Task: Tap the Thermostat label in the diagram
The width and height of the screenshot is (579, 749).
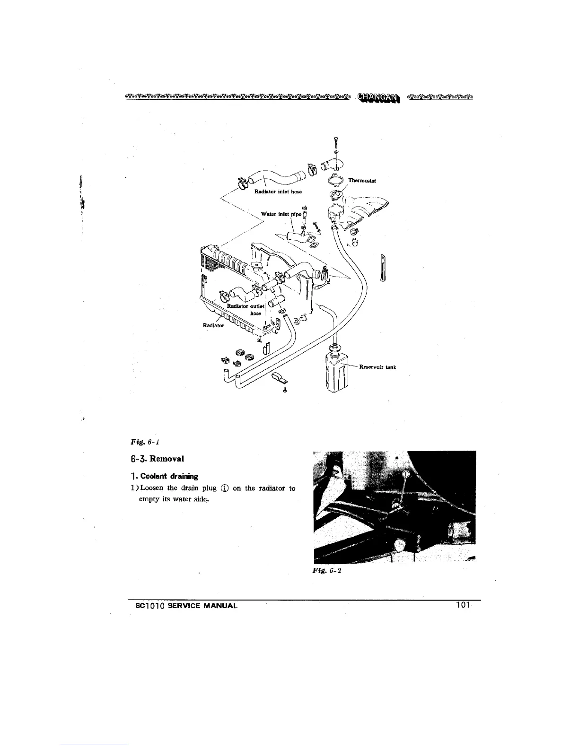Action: click(362, 181)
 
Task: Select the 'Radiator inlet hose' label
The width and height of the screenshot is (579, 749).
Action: click(278, 192)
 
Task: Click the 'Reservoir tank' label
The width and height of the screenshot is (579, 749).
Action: click(377, 366)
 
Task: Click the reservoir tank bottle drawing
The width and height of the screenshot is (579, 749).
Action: click(336, 371)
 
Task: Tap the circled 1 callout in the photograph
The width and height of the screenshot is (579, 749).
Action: click(406, 474)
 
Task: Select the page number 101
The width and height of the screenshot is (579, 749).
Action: click(463, 605)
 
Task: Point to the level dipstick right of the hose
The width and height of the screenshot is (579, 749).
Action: click(383, 269)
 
